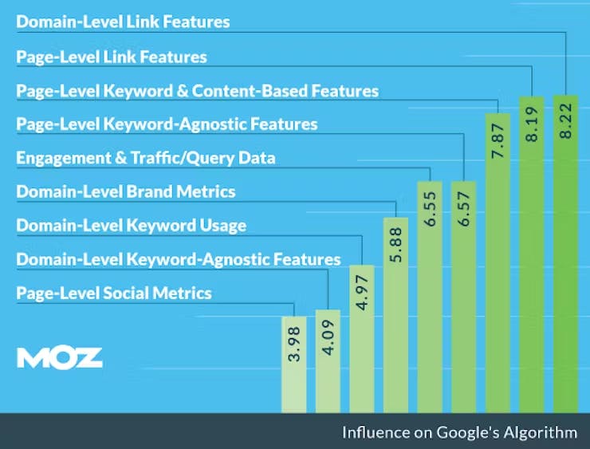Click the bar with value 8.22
(x=566, y=255)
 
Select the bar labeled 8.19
(x=533, y=255)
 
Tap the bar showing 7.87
(x=498, y=263)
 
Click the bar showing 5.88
(x=396, y=315)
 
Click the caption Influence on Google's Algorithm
(x=459, y=433)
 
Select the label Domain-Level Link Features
(x=123, y=22)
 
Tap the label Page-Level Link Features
(x=112, y=57)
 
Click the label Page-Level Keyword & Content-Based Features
(x=197, y=91)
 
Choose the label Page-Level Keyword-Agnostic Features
(x=167, y=124)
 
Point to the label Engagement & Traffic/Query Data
(x=146, y=158)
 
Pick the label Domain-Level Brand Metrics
(x=126, y=192)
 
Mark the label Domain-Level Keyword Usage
(x=132, y=226)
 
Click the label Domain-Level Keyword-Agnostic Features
(x=179, y=259)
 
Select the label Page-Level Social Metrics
(x=114, y=293)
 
